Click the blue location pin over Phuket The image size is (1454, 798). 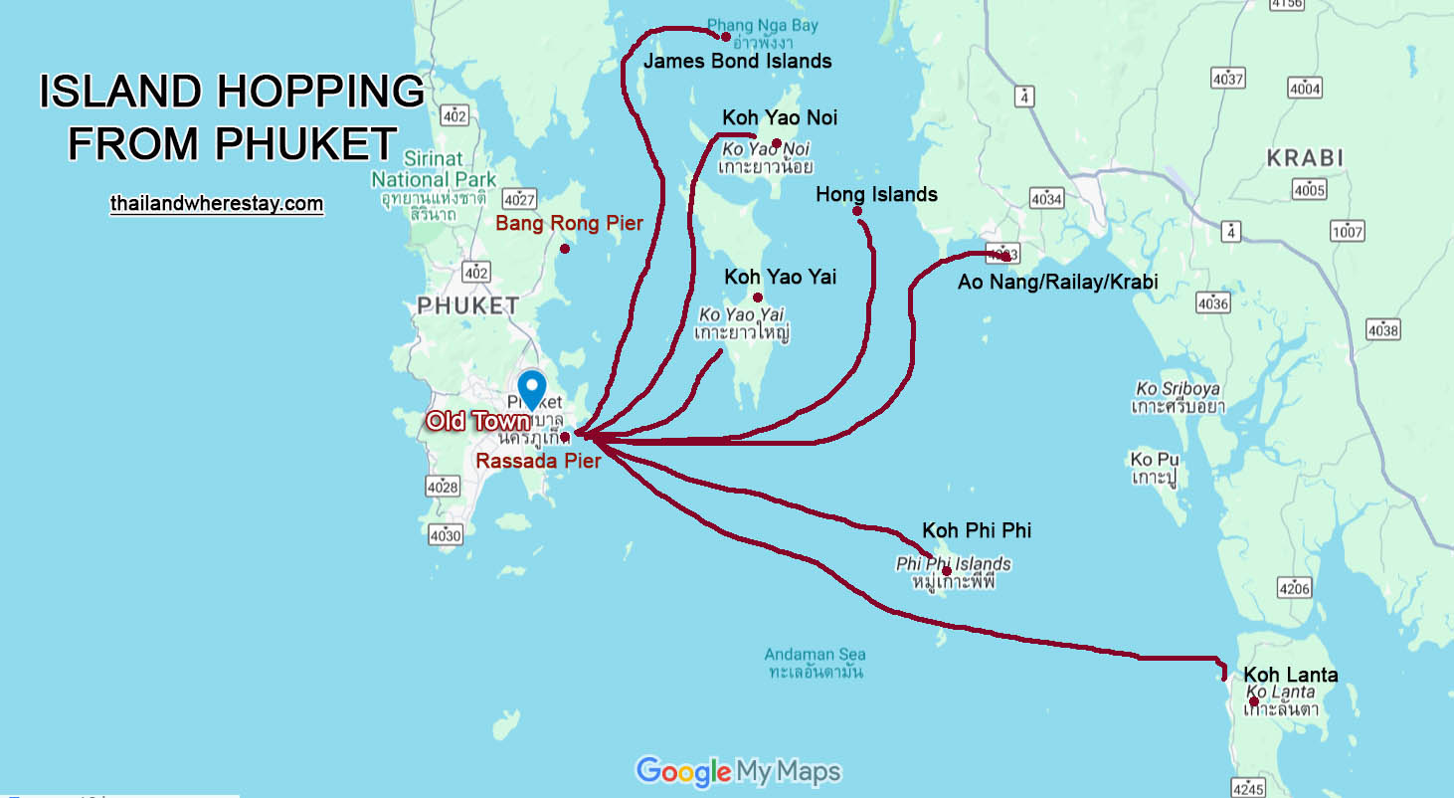(532, 388)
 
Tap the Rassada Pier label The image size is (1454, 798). (538, 461)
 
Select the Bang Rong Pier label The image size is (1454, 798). (569, 223)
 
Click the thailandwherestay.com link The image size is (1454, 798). (217, 204)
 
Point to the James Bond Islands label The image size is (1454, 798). (737, 61)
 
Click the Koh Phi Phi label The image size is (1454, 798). (976, 530)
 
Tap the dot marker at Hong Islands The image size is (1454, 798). (856, 211)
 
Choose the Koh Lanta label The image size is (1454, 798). (1290, 675)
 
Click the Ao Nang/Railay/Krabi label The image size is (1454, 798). (1057, 283)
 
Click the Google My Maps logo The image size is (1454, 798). (738, 771)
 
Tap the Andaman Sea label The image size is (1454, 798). (815, 663)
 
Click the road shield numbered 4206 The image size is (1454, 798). (1295, 588)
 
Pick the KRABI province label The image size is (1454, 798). (1305, 158)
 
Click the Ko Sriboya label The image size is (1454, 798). (1178, 397)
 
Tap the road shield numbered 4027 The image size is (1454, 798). (519, 198)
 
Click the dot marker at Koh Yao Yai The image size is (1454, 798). (758, 298)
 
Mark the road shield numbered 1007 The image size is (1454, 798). (1348, 232)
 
